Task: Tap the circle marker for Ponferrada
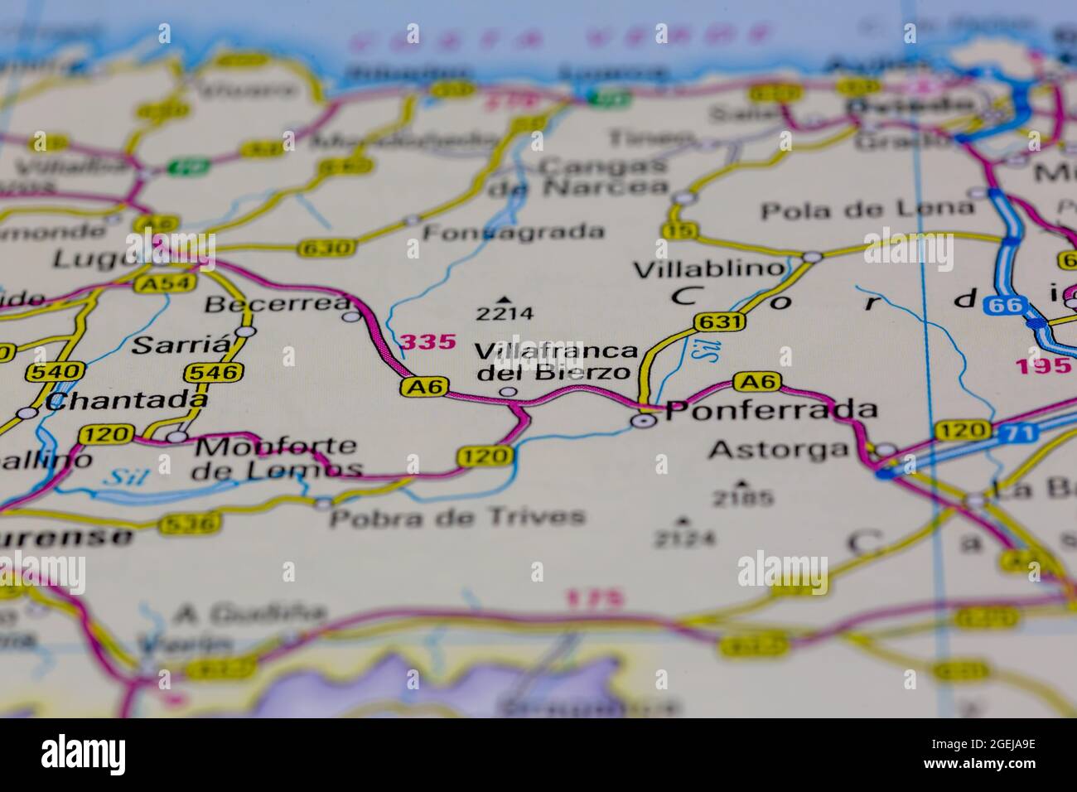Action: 643,422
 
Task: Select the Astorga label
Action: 780,450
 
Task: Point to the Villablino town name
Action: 708,269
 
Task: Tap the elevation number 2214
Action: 504,314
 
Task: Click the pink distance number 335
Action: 427,341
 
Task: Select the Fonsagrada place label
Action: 513,232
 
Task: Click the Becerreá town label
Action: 277,304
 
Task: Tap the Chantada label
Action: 126,402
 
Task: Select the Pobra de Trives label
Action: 457,518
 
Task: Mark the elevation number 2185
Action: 741,498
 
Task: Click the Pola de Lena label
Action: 867,210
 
